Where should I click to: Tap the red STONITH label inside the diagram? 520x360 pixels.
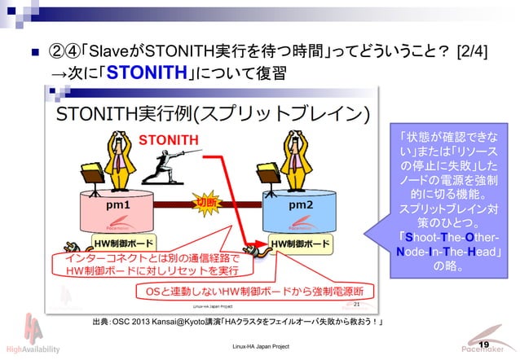point(168,139)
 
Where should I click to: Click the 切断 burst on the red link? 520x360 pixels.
point(206,201)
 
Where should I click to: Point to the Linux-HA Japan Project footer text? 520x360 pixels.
point(260,348)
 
